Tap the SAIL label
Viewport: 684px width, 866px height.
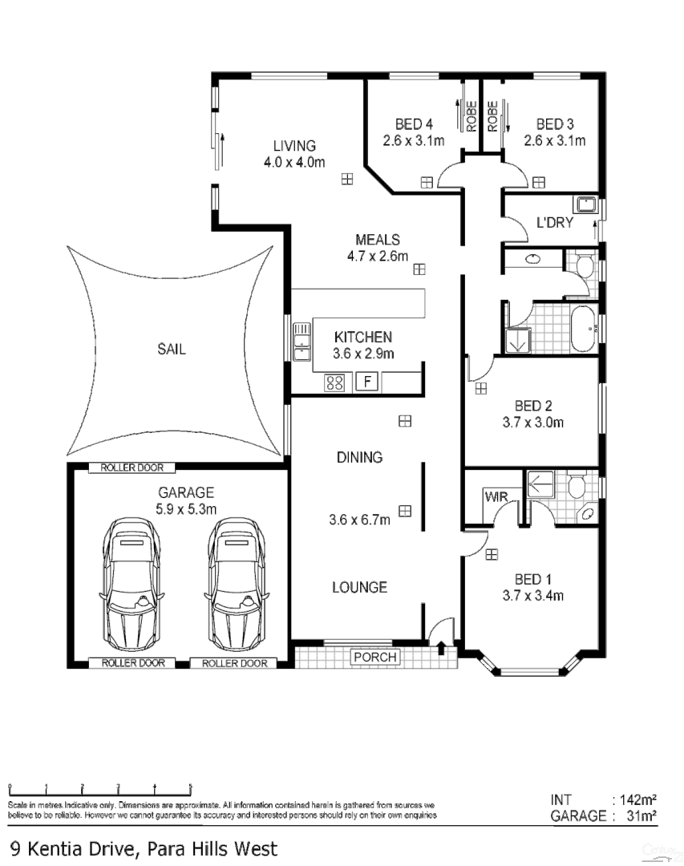pyautogui.click(x=171, y=350)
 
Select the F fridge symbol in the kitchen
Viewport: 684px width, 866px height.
pyautogui.click(x=367, y=382)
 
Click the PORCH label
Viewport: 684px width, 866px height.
pyautogui.click(x=374, y=658)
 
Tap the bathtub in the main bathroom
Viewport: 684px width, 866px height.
pyautogui.click(x=582, y=328)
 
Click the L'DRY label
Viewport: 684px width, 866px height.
pyautogui.click(x=555, y=222)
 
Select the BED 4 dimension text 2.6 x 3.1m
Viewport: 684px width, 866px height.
pyautogui.click(x=413, y=140)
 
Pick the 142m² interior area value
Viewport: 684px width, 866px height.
pyautogui.click(x=638, y=799)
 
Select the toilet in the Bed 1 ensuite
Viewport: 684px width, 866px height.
pyautogui.click(x=576, y=487)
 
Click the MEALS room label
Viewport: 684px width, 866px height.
pyautogui.click(x=377, y=240)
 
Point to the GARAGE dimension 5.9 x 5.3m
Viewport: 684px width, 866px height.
pyautogui.click(x=185, y=508)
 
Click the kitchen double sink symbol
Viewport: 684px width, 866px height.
pyautogui.click(x=302, y=341)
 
